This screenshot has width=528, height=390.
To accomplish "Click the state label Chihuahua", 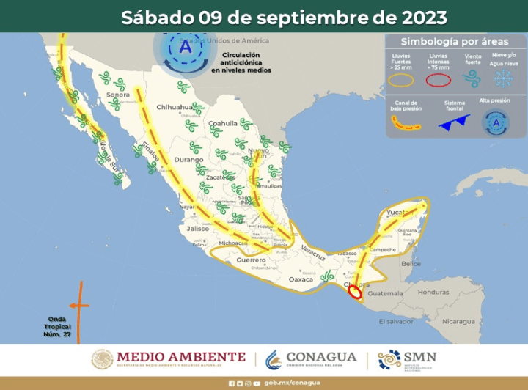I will point(173,107).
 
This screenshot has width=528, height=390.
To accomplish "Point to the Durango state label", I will point(188,159).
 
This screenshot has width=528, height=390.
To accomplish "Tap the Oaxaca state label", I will point(301,279).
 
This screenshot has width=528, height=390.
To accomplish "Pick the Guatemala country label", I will point(384,293).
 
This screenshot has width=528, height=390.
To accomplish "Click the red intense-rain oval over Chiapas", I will point(355,292).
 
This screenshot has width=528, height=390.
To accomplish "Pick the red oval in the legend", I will point(438,80).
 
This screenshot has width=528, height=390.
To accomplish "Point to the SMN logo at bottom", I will point(407,358).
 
